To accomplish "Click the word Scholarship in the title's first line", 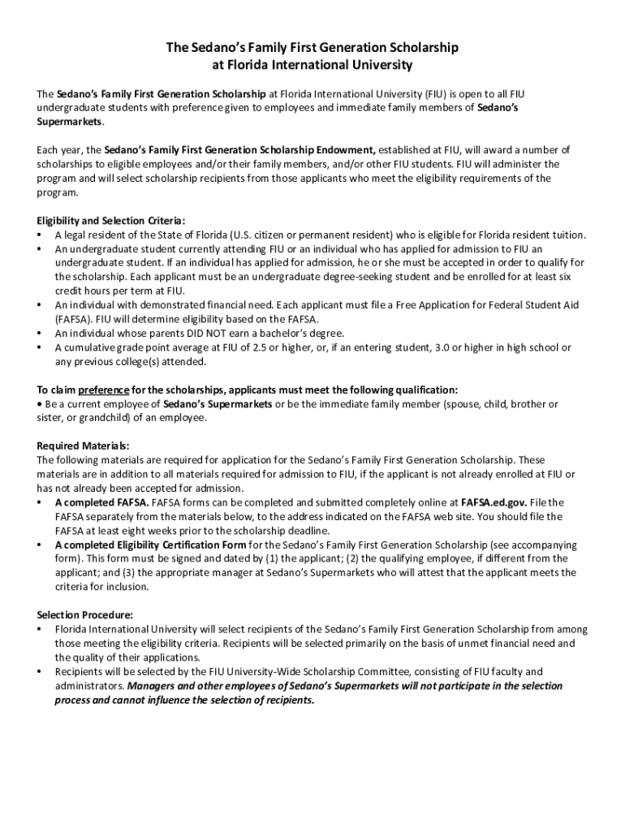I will (x=422, y=48).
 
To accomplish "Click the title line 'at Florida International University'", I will (x=312, y=65).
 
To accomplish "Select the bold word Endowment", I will (x=341, y=150).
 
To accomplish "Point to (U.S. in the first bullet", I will (x=242, y=235).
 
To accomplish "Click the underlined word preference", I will (x=104, y=389).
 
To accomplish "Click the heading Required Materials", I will (x=84, y=446).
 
